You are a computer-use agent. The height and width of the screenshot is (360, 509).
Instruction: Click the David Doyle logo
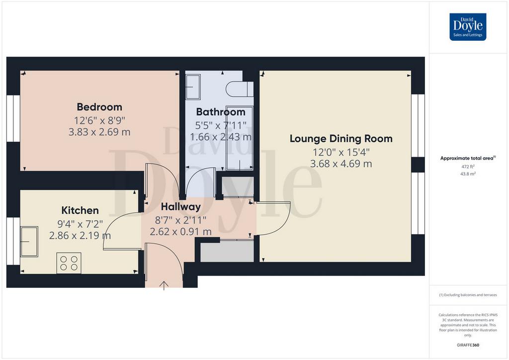(467, 27)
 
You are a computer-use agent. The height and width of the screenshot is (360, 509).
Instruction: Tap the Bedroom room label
(99, 107)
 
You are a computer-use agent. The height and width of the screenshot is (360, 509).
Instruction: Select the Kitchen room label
(80, 210)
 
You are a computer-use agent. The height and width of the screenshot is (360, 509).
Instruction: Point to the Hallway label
(181, 206)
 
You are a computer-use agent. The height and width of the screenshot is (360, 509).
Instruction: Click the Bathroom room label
(221, 112)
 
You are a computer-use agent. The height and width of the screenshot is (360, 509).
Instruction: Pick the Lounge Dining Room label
(341, 139)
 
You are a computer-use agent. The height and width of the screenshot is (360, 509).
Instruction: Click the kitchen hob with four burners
(69, 263)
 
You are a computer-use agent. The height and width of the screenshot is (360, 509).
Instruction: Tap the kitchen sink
(29, 242)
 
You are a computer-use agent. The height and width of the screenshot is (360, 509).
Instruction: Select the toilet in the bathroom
(240, 89)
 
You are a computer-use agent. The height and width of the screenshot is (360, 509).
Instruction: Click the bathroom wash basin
(193, 87)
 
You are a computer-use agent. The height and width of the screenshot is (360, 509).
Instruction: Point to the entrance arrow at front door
(164, 285)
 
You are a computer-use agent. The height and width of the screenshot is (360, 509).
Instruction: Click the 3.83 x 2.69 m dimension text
(99, 132)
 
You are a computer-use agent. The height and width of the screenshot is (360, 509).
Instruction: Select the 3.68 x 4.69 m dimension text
(341, 164)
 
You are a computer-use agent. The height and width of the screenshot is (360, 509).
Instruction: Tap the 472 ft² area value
(468, 167)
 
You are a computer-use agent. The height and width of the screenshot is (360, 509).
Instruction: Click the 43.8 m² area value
(468, 174)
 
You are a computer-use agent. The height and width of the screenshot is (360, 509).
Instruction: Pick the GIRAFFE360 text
(468, 345)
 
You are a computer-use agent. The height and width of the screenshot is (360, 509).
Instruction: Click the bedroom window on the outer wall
(13, 118)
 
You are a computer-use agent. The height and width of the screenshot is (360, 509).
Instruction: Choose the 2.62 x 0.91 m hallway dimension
(180, 231)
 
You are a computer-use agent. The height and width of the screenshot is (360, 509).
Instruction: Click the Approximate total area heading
(468, 159)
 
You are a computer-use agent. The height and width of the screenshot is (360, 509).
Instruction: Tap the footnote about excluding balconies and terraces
(468, 295)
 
